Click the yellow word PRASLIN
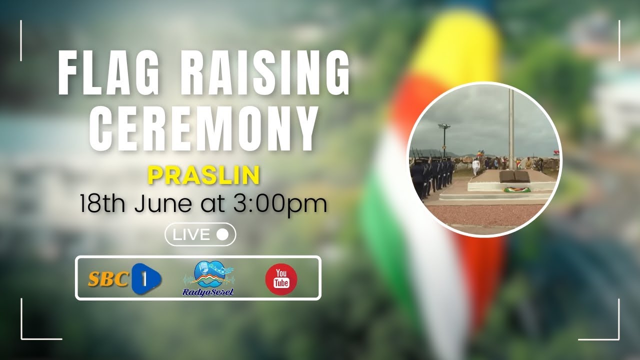point(204,175)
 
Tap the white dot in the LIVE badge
point(223,234)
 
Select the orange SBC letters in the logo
point(108,279)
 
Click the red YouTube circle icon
point(281,279)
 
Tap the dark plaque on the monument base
point(514,177)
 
